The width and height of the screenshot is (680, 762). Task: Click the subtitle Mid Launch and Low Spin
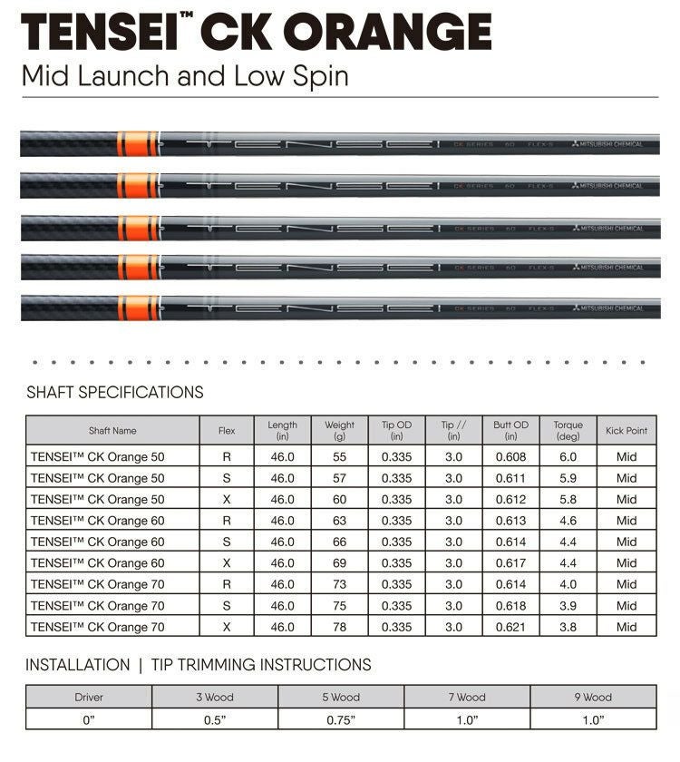[x=185, y=74]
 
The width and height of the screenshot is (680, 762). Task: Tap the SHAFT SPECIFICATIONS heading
[x=115, y=393]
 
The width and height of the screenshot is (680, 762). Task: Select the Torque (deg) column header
[x=568, y=430]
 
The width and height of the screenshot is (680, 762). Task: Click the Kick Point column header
[x=627, y=431]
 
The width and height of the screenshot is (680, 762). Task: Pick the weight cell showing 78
[x=339, y=627]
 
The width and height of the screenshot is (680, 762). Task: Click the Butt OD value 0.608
[x=510, y=456]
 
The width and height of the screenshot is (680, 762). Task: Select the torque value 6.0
[x=568, y=456]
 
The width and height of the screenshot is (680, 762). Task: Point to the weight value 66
[x=339, y=542]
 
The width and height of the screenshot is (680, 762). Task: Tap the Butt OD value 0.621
[x=510, y=627]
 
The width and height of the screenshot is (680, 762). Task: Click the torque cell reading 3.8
[x=568, y=627]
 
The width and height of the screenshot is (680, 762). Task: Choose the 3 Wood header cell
[x=215, y=698]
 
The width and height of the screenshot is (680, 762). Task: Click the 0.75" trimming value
[x=341, y=719]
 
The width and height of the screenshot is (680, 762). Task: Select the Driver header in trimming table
[x=89, y=698]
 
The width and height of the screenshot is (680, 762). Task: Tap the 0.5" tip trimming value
[x=215, y=719]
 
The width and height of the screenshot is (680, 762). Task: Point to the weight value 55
[x=339, y=456]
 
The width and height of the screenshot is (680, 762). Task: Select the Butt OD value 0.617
[x=510, y=563]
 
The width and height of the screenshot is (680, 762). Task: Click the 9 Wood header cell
[x=593, y=698]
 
